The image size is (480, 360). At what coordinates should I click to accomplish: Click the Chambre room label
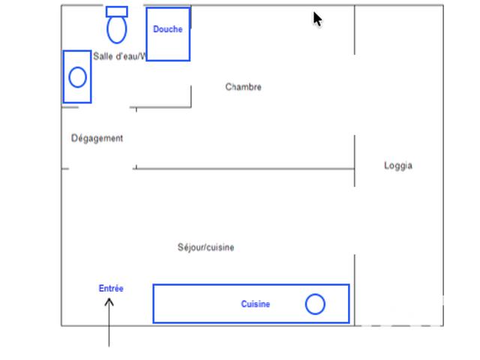click(243, 87)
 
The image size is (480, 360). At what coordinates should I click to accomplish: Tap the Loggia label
click(398, 166)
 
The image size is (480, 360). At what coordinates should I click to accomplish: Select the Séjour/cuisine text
click(205, 247)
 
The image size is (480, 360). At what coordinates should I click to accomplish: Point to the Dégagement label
click(97, 138)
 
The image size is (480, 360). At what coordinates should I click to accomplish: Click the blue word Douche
click(168, 29)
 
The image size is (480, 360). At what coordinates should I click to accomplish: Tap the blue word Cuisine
click(256, 304)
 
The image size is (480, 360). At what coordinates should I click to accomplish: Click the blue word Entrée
click(111, 288)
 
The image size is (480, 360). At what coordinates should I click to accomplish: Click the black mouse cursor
click(317, 19)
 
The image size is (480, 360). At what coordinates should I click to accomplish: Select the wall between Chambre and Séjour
click(245, 169)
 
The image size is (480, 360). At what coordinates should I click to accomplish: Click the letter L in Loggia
click(386, 165)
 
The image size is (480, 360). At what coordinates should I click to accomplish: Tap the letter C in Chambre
click(228, 87)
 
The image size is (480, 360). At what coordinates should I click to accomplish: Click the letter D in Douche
click(156, 29)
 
